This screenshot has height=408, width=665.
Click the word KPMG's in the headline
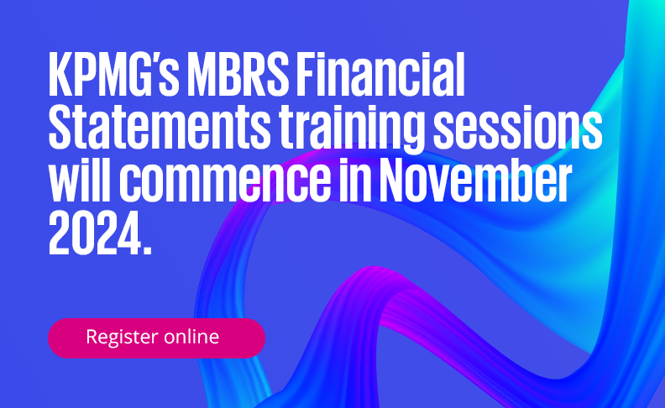114,75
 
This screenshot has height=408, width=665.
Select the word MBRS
238,75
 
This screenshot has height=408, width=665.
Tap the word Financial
380,75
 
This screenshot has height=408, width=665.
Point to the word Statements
160,127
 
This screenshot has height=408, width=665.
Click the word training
352,130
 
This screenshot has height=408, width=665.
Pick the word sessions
517,127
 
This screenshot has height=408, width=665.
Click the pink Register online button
156,338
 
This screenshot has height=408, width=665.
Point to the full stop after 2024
147,249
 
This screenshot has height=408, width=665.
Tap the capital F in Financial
306,75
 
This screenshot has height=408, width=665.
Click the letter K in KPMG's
60,75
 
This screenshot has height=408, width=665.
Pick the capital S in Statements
60,127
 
